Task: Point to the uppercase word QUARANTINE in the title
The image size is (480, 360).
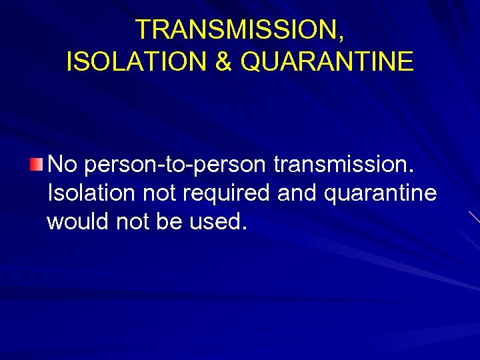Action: pos(327,62)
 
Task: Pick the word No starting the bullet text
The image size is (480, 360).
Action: pos(63,164)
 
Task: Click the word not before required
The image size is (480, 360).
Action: pos(158,193)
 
